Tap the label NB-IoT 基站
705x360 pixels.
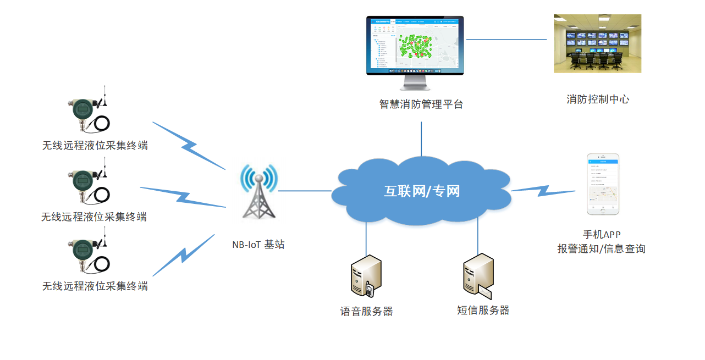coord(258,245)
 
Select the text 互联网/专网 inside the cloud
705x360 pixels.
coord(421,191)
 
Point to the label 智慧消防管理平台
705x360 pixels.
coord(421,104)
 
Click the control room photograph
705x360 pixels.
coord(597,43)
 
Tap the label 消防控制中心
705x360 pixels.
coord(598,99)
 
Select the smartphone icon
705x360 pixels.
coord(602,184)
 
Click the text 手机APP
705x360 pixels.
coord(602,235)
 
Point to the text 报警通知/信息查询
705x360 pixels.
coord(601,249)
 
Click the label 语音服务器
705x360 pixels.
coord(367,312)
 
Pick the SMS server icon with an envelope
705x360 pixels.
coord(478,275)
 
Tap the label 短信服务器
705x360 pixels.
coord(483,311)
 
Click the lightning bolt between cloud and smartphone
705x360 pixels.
coord(543,190)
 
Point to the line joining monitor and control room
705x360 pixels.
coord(506,40)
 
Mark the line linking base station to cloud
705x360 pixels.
coord(304,191)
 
